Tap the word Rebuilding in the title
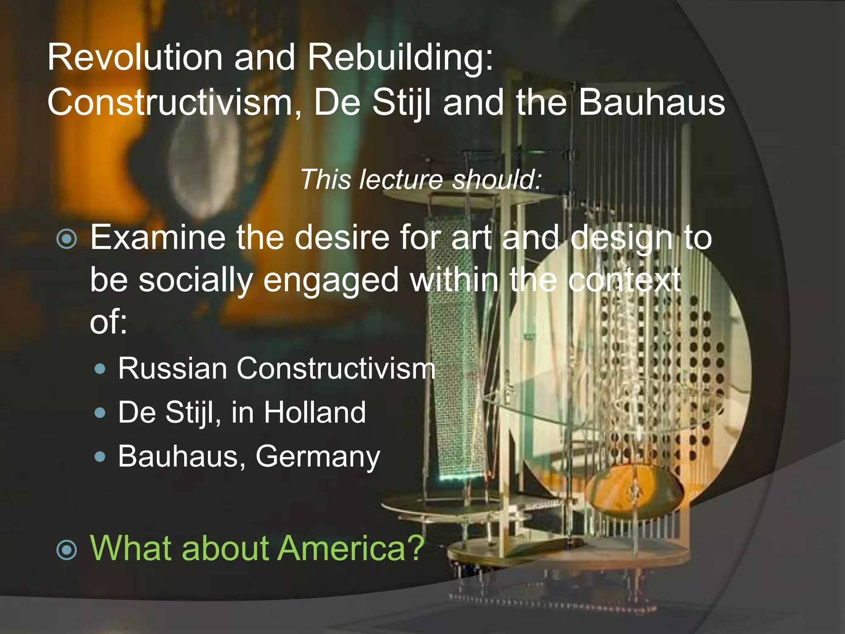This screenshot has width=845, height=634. pyautogui.click(x=399, y=58)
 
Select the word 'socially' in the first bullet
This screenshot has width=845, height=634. pyautogui.click(x=195, y=280)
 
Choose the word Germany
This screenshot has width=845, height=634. pyautogui.click(x=318, y=457)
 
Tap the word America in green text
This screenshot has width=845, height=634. pyautogui.click(x=351, y=548)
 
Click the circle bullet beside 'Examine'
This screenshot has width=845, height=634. pyautogui.click(x=67, y=239)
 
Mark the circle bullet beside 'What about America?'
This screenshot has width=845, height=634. pyautogui.click(x=67, y=550)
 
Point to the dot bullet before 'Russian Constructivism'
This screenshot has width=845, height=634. pyautogui.click(x=100, y=369)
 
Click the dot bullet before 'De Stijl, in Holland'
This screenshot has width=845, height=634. pyautogui.click(x=100, y=412)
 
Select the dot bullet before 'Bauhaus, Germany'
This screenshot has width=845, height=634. pyautogui.click(x=100, y=457)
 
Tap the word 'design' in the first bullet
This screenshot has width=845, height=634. pyautogui.click(x=621, y=239)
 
